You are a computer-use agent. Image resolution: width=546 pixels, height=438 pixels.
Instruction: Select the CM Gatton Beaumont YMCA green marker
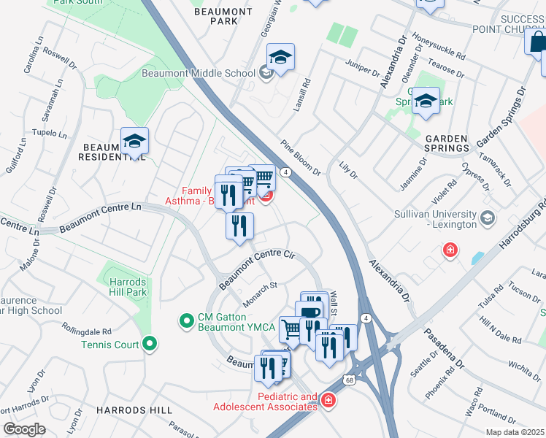point(186,320)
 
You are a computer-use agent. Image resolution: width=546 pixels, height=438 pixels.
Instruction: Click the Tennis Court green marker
point(150,342)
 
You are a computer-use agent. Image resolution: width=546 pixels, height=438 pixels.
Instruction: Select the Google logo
point(24,429)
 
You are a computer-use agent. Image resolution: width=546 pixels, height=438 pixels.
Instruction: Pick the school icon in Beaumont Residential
point(134,141)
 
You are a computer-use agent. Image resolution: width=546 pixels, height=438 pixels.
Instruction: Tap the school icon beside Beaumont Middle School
point(280,58)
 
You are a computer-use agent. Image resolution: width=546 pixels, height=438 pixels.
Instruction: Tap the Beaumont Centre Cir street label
point(257,267)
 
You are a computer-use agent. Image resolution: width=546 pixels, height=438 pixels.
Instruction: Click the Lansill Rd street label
point(306,93)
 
